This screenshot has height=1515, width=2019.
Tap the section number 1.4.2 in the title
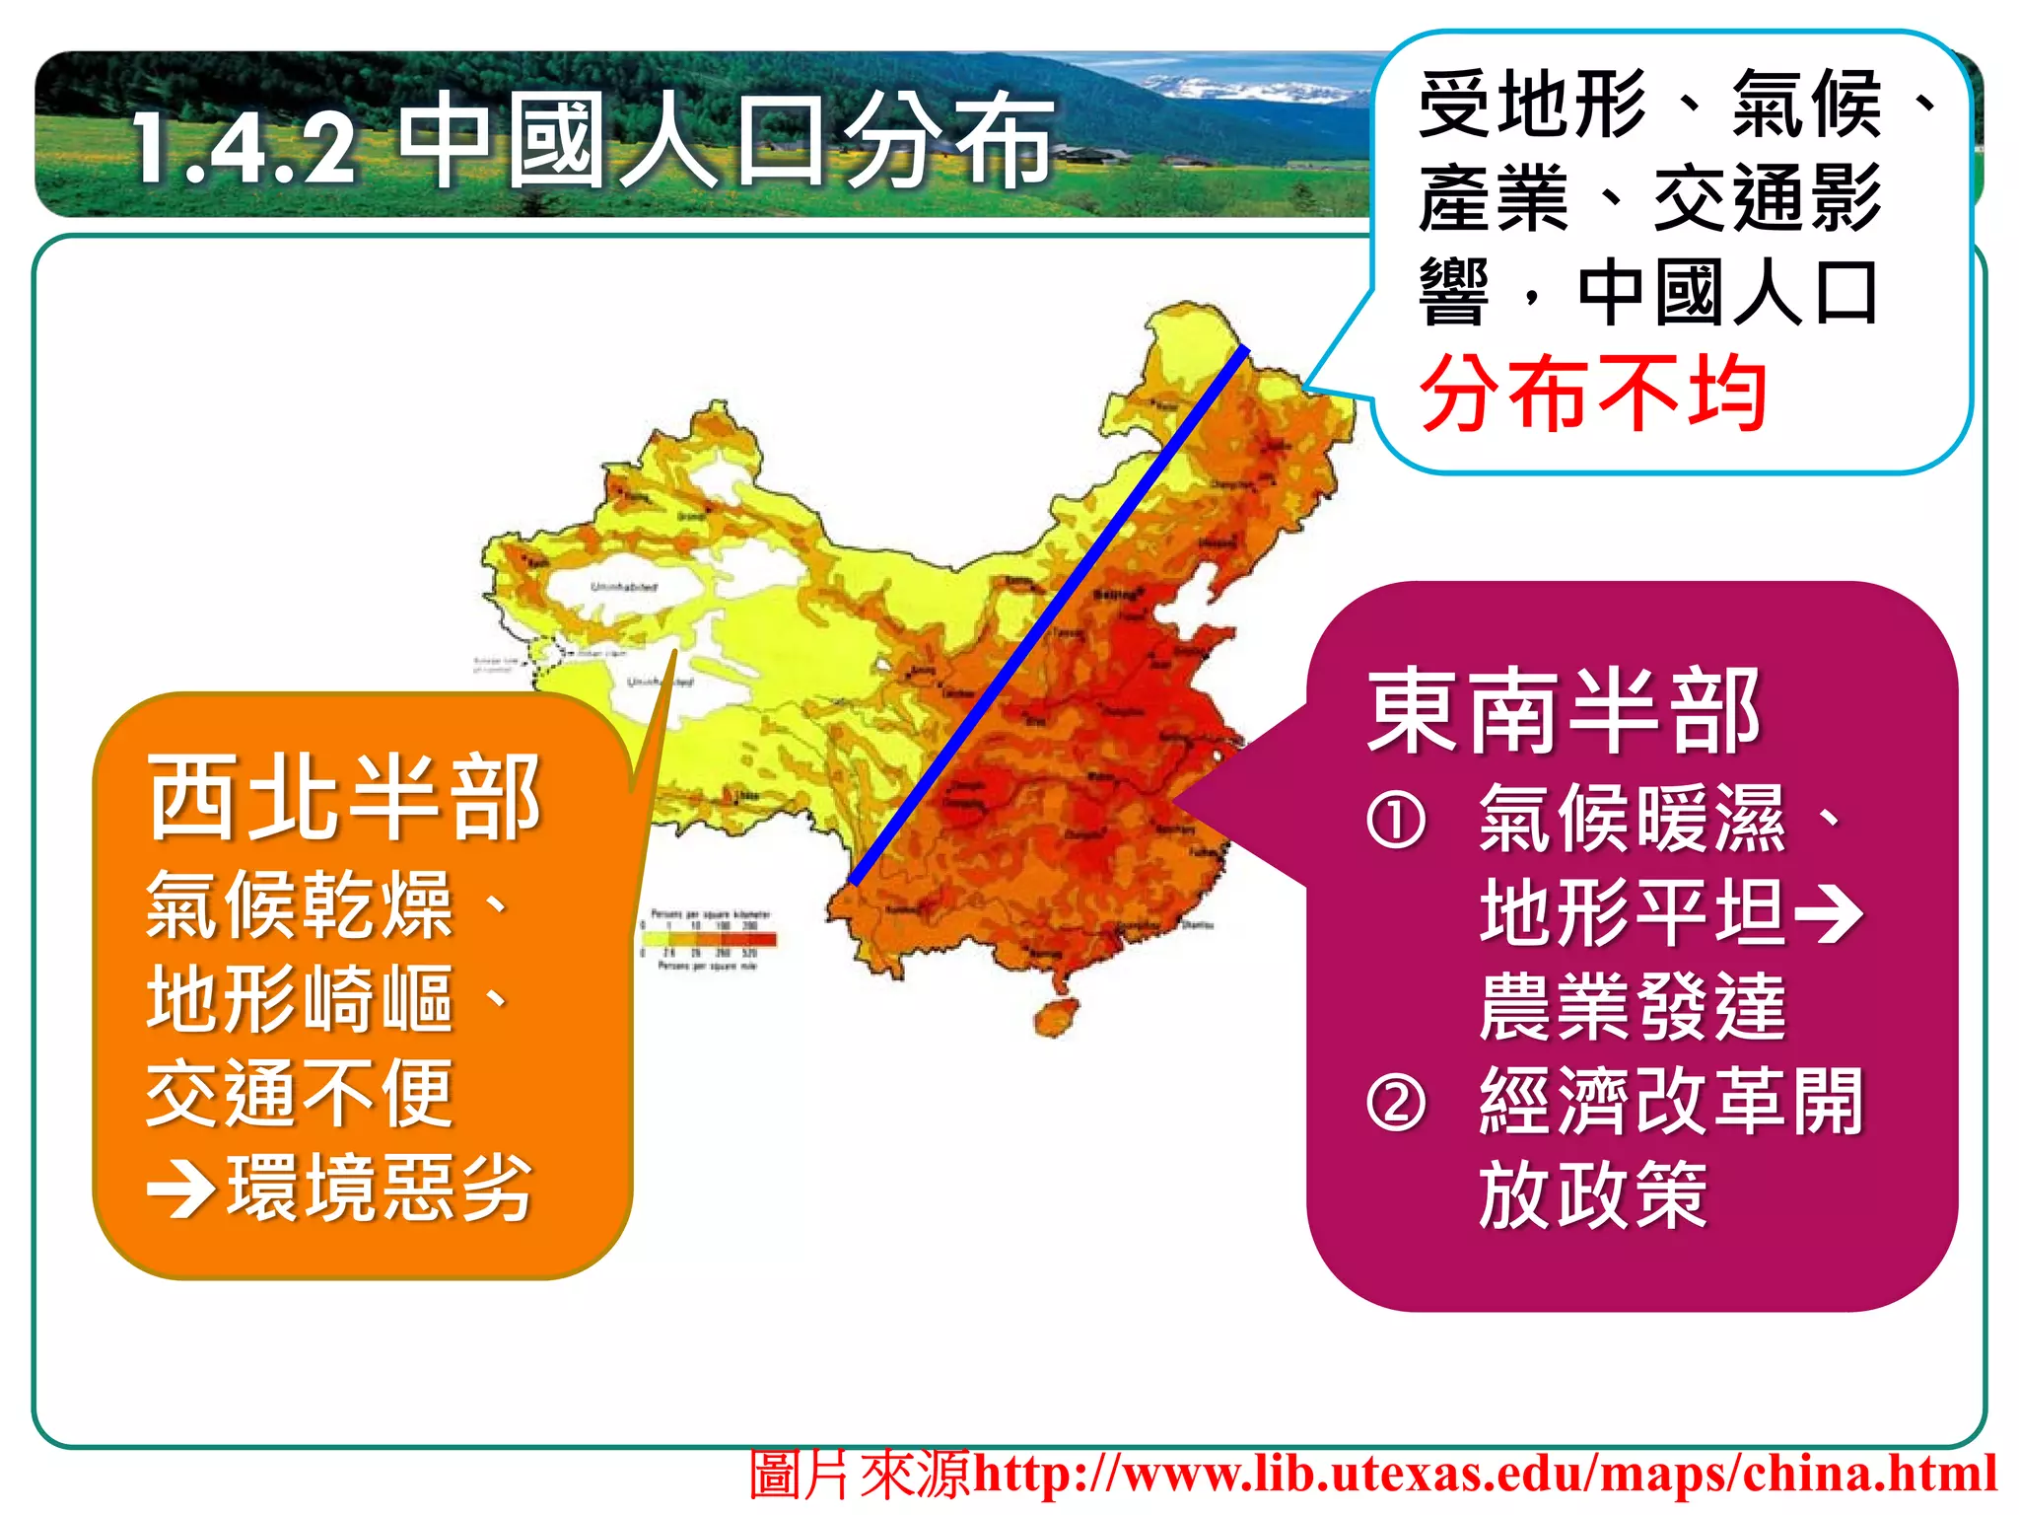pyautogui.click(x=244, y=148)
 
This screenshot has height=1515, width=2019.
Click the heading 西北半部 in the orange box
pyautogui.click(x=344, y=797)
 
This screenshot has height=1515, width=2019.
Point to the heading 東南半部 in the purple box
pyautogui.click(x=1564, y=710)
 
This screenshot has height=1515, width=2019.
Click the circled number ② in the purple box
pyautogui.click(x=1396, y=1103)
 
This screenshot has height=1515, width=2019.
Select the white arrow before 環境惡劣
pyautogui.click(x=181, y=1190)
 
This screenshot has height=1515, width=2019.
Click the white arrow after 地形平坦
pyautogui.click(x=1830, y=913)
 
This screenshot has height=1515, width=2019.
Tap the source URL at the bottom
pyautogui.click(x=1485, y=1474)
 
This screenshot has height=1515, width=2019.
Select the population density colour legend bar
pyautogui.click(x=710, y=939)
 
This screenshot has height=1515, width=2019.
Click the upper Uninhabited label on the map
pyautogui.click(x=623, y=587)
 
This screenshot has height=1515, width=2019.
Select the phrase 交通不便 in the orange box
pyautogui.click(x=300, y=1093)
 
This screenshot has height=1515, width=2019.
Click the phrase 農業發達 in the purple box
pyautogui.click(x=1633, y=1006)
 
